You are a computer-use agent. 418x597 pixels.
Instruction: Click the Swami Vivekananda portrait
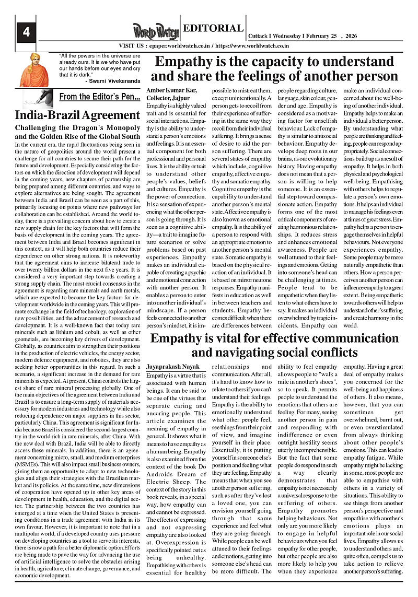33,69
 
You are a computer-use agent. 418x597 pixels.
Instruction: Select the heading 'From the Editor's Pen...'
100,97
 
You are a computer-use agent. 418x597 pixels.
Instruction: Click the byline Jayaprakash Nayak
172,368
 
